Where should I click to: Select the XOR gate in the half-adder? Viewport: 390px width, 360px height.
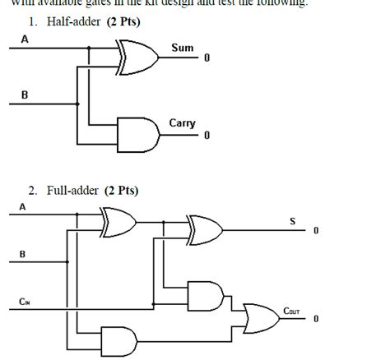pyautogui.click(x=136, y=57)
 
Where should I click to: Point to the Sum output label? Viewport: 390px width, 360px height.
pyautogui.click(x=182, y=48)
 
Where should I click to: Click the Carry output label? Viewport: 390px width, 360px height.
pyautogui.click(x=182, y=123)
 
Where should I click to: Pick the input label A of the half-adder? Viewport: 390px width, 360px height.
pyautogui.click(x=24, y=38)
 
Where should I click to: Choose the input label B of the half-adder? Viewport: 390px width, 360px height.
pyautogui.click(x=24, y=95)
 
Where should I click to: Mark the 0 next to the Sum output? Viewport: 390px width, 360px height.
pyautogui.click(x=207, y=58)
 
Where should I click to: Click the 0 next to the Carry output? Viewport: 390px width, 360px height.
pyautogui.click(x=207, y=135)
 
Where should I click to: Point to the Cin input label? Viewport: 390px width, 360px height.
pyautogui.click(x=25, y=302)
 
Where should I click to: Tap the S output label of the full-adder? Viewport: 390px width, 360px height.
pyautogui.click(x=291, y=219)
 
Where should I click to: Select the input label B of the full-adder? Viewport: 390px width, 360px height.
pyautogui.click(x=22, y=254)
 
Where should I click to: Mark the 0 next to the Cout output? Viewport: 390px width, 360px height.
pyautogui.click(x=315, y=319)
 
